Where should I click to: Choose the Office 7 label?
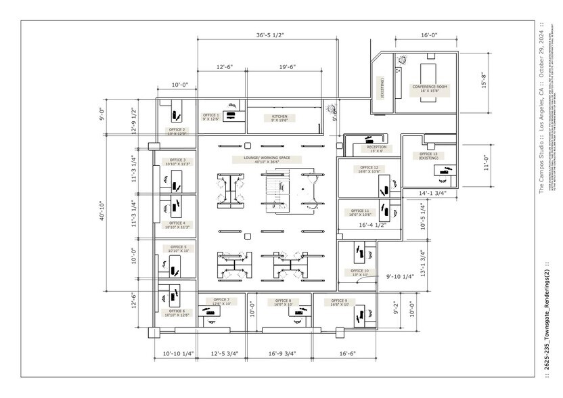(221, 301)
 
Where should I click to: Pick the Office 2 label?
(177, 131)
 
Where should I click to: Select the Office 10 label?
(360, 272)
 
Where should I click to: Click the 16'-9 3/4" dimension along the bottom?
(282, 353)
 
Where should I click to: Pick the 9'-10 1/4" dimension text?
(401, 276)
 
